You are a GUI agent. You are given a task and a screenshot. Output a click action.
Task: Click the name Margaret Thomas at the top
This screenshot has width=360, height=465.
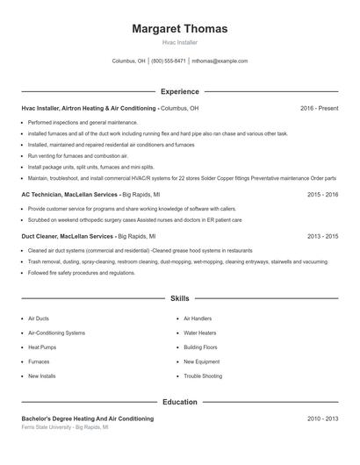coord(179,29)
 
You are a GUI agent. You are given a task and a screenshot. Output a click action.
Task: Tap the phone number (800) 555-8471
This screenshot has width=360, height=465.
coord(169,61)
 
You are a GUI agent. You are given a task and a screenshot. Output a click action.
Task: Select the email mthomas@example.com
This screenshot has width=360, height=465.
coord(220,61)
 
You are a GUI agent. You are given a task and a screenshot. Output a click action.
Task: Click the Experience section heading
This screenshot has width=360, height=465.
coord(179,91)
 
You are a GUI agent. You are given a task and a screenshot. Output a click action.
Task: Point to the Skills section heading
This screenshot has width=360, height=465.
coord(179,299)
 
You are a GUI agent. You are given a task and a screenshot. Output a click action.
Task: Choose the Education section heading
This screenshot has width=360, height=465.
coord(179,402)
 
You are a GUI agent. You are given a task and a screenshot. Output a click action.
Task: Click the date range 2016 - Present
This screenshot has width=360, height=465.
coord(319,108)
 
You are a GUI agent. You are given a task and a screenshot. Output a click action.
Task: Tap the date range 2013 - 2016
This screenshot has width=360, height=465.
coord(322,236)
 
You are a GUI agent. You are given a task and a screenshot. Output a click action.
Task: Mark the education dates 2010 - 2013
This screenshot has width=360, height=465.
coord(322,419)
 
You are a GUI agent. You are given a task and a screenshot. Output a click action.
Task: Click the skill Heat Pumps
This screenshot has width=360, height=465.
coord(43,347)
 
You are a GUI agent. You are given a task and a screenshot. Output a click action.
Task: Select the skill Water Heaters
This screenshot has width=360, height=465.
coord(201,333)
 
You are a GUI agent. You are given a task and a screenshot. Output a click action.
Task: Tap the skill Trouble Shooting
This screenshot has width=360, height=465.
coord(204,376)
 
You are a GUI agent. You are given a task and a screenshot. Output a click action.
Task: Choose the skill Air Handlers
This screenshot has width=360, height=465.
coord(198,319)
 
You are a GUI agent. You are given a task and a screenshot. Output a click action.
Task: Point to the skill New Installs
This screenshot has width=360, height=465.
coord(42,376)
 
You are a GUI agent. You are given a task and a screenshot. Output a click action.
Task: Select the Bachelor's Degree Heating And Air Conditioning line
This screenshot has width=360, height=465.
coord(87,419)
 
